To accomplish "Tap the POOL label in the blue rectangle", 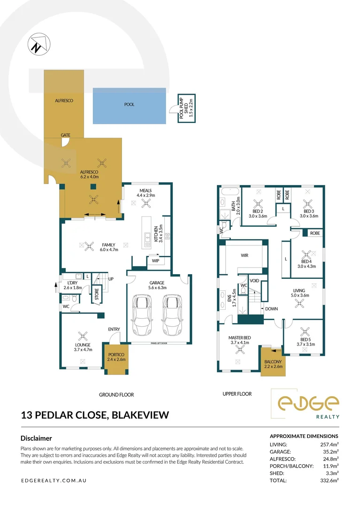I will point(129,105).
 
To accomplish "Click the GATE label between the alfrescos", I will point(65,135).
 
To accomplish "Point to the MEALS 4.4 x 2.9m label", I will point(146,192).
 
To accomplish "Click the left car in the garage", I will point(142,314).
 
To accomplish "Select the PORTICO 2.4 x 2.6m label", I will point(115,357).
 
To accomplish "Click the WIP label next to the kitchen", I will point(154,261).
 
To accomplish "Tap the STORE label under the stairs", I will point(97,295).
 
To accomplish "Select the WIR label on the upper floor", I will point(244,256).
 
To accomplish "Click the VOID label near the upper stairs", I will point(254,280).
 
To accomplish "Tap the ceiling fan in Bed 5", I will point(306,331).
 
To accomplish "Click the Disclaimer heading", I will point(36,438).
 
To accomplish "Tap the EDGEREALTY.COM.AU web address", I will point(54,481).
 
